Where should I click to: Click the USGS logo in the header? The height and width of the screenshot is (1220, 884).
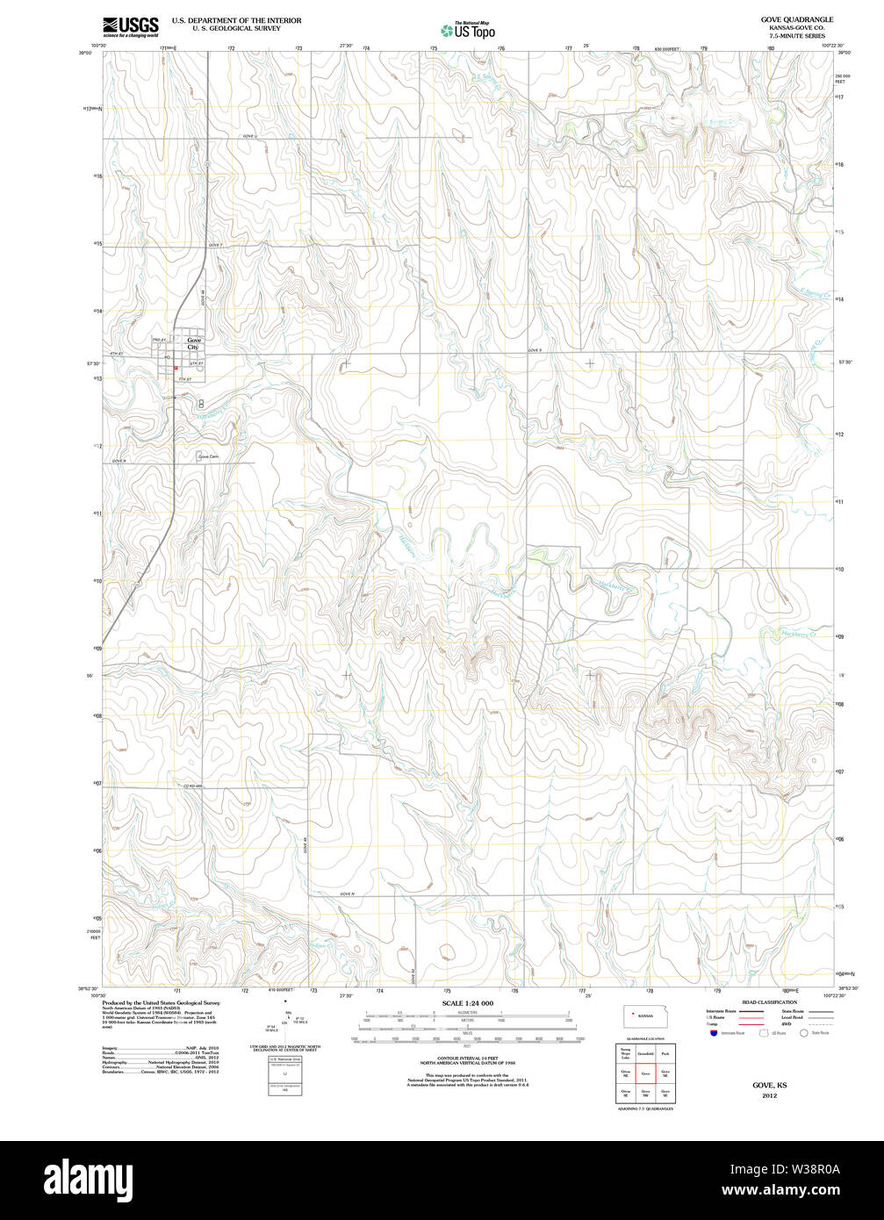pos(130,26)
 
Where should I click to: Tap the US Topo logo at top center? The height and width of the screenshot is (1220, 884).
pos(467,30)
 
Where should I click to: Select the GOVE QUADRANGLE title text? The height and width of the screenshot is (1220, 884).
pos(785,18)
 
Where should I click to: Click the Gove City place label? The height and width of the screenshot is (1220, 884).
pos(193,343)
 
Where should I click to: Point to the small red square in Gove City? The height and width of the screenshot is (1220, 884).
pos(176,368)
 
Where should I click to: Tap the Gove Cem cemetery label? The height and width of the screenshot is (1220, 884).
pos(208,456)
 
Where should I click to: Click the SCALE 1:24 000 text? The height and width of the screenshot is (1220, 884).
pos(467,1002)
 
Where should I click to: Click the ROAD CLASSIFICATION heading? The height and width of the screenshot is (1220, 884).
pos(769,1001)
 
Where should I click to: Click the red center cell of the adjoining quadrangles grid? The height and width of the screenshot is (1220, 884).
pos(645,1073)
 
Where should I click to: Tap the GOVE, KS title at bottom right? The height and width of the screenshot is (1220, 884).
pos(769,1085)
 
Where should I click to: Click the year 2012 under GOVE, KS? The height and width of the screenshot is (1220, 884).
pos(769,1095)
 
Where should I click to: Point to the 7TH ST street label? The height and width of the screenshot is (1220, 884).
pos(183,378)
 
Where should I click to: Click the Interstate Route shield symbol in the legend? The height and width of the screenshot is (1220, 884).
pos(714,1033)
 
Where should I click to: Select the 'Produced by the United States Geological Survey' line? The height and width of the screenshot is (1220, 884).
pos(161,1002)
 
